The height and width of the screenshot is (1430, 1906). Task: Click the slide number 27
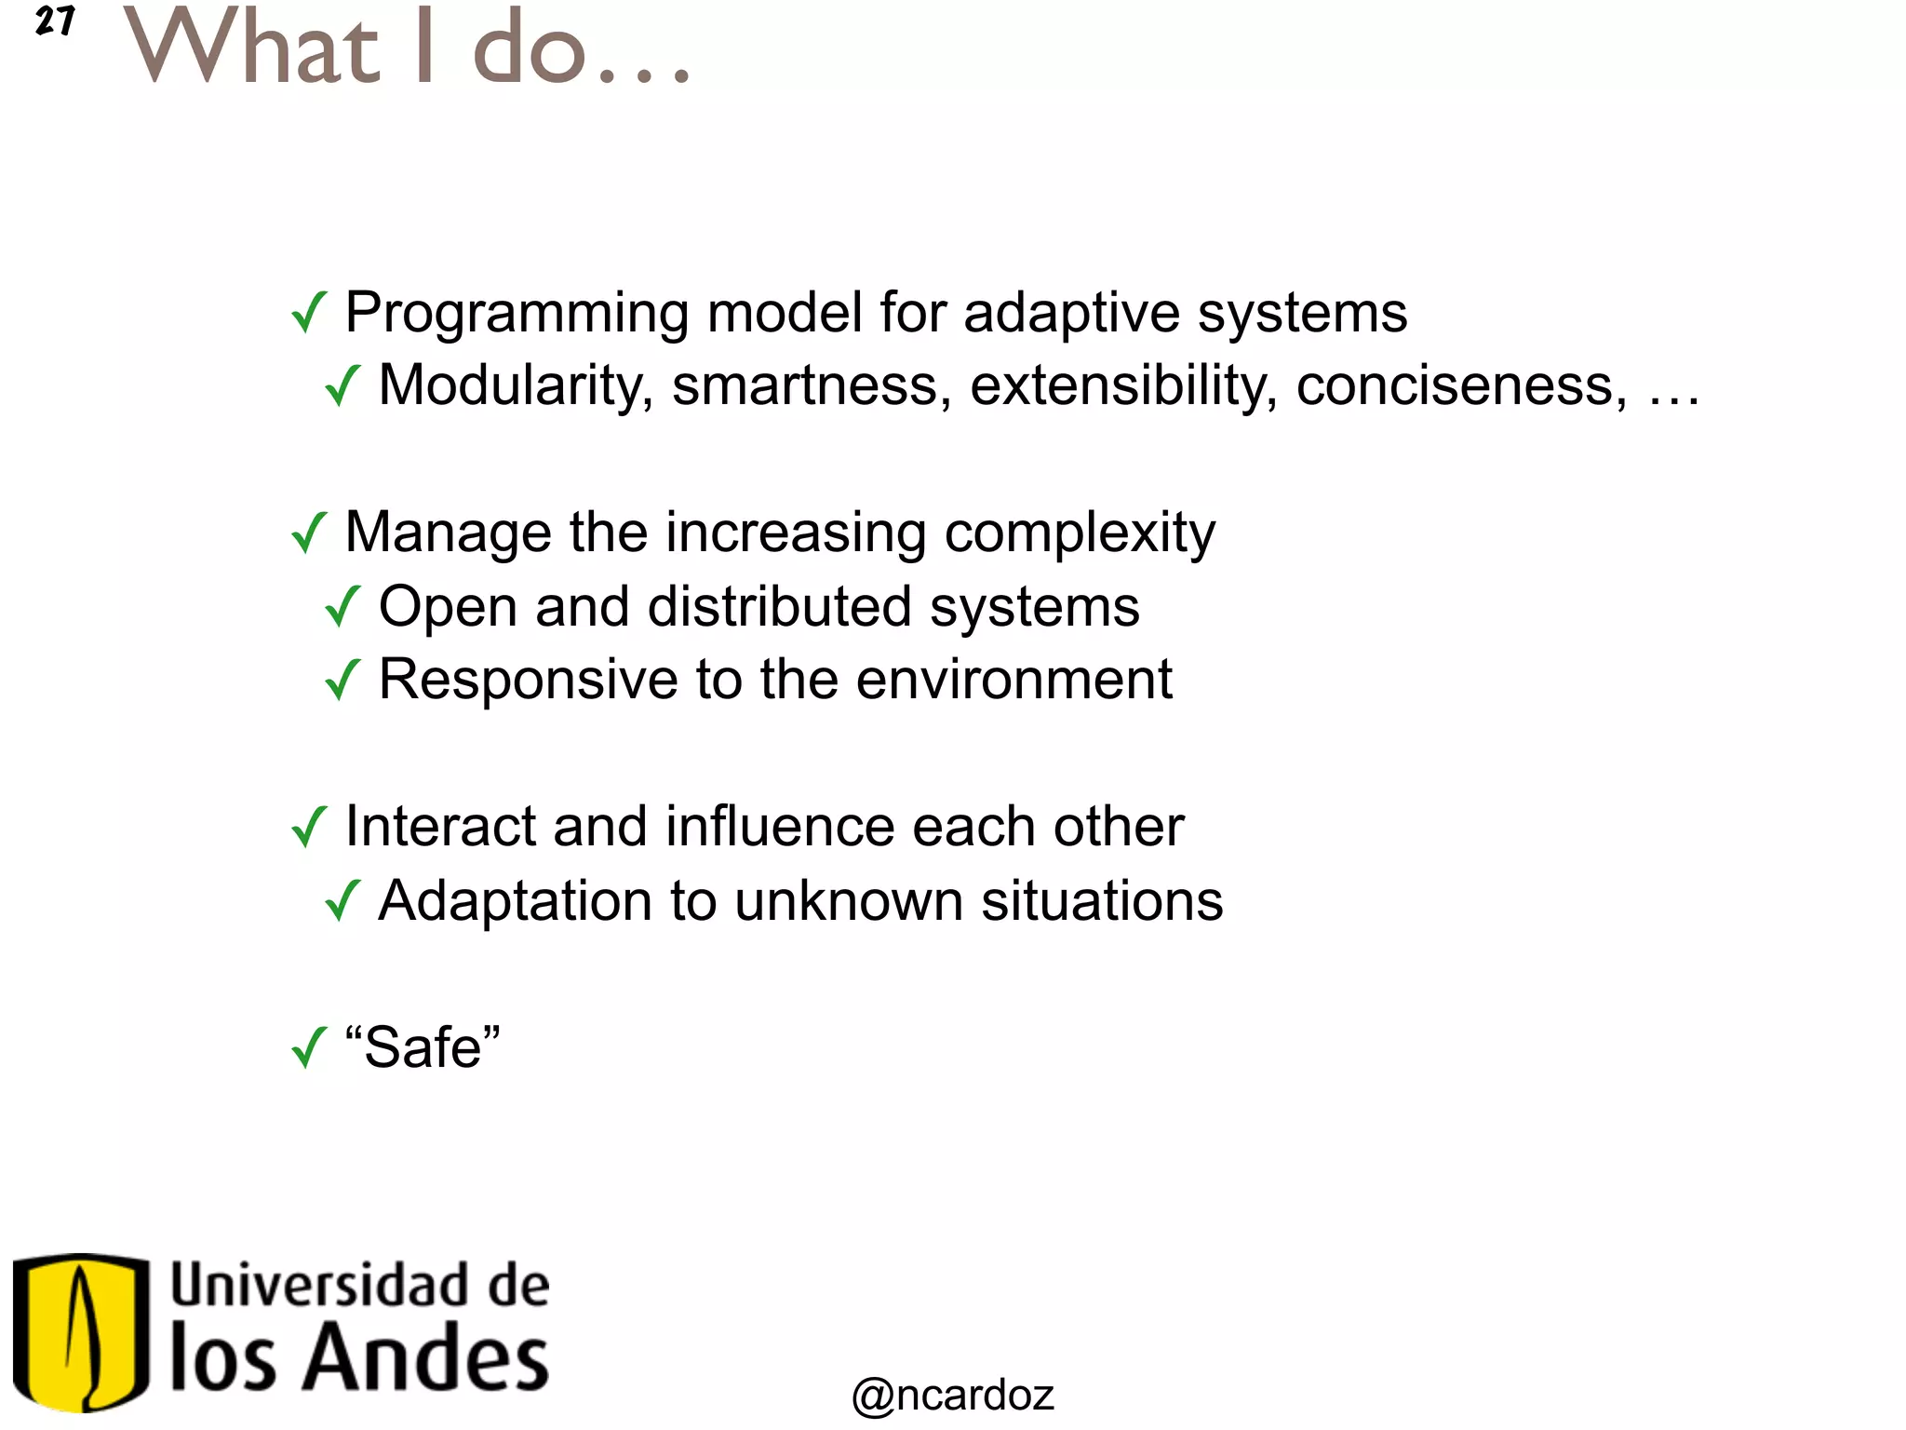54,20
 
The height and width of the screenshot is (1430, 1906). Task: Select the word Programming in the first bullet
517,313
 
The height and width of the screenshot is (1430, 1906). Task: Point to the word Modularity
516,385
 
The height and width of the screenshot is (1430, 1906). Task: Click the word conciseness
1461,385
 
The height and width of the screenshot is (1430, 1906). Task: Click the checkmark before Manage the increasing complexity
308,533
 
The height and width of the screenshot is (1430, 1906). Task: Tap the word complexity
1080,533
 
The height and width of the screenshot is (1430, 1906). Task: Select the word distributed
779,607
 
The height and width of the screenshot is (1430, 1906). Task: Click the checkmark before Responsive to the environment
342,680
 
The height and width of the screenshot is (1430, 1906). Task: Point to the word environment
1013,680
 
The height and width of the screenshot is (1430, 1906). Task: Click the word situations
1102,901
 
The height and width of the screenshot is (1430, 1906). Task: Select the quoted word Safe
423,1047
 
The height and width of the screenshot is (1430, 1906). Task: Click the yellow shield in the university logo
81,1331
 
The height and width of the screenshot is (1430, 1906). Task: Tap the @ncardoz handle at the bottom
952,1395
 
